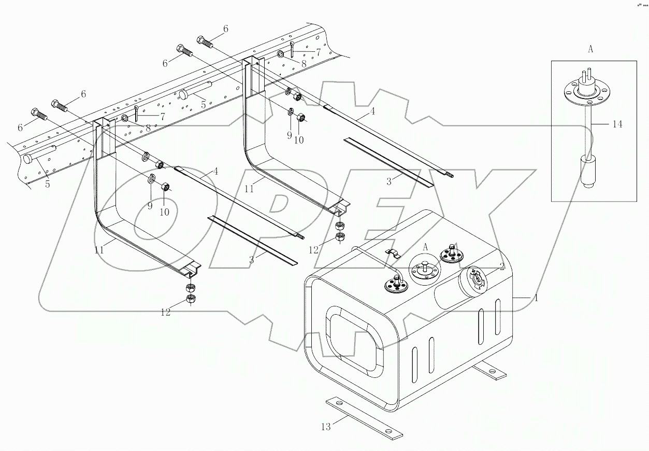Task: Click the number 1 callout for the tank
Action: [x=537, y=298]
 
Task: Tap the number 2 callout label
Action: [x=502, y=266]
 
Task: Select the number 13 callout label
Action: [x=326, y=427]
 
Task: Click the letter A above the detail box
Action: [x=590, y=49]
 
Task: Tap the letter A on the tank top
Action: [x=425, y=248]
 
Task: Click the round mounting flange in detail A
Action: [x=585, y=94]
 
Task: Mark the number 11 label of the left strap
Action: [x=99, y=249]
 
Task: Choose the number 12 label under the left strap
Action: [x=165, y=312]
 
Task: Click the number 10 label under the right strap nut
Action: [x=299, y=140]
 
